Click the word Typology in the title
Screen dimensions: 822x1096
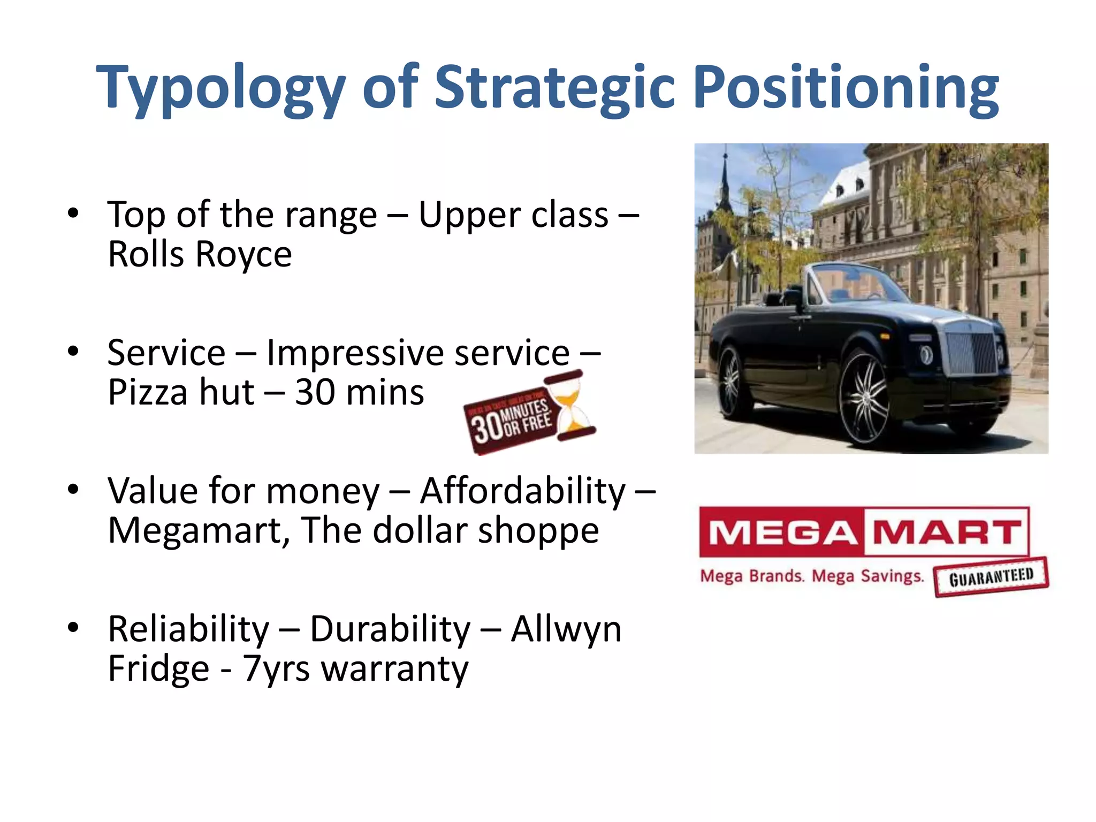pos(220,88)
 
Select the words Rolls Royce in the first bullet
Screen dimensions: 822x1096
pos(200,254)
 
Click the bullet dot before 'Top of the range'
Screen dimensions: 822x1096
pos(73,214)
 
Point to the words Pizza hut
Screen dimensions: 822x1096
pos(181,392)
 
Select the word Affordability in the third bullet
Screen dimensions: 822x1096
pos(522,491)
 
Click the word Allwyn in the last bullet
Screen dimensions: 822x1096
pos(566,629)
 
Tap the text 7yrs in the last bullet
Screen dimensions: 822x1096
pos(276,669)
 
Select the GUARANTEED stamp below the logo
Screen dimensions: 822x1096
pos(991,577)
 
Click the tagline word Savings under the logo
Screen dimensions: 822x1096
pos(892,576)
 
